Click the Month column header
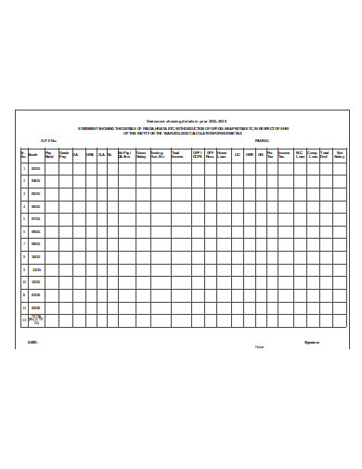point(33,155)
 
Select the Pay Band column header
point(49,155)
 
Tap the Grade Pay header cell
point(63,155)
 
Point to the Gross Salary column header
point(141,155)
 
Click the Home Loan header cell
point(223,155)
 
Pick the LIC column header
point(238,155)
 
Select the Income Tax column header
point(284,155)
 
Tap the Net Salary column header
point(340,155)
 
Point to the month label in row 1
point(35,168)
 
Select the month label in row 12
point(35,307)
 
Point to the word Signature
point(312,342)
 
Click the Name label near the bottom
point(260,347)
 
